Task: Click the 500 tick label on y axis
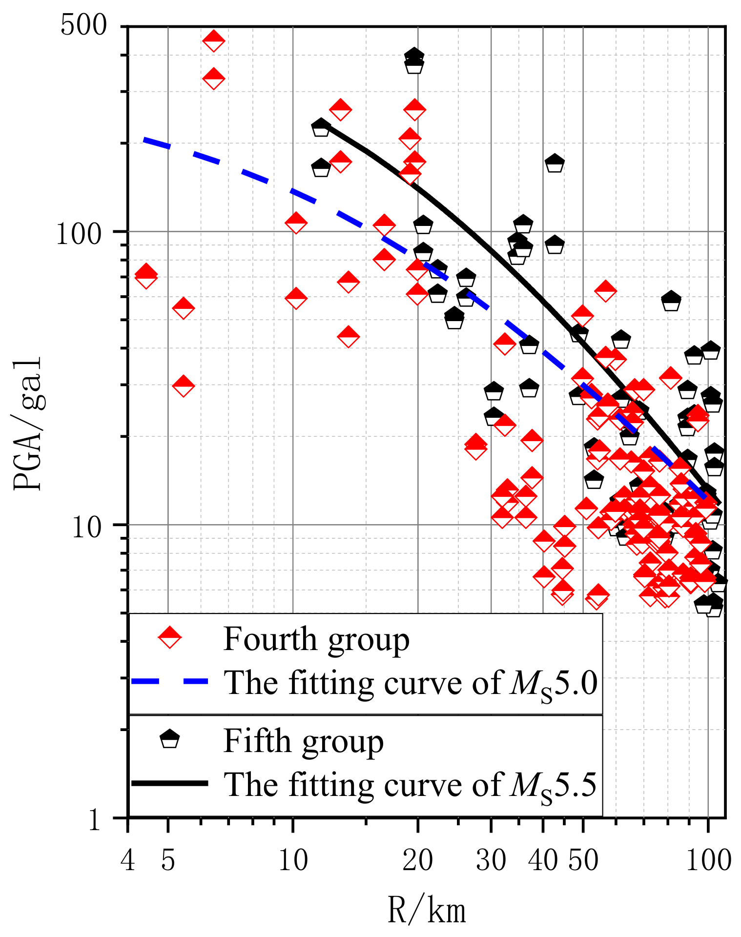point(83,25)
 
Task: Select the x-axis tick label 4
point(128,860)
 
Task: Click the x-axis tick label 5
point(168,860)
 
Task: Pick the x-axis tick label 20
point(417,860)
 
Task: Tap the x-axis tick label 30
point(491,860)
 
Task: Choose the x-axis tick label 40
point(543,860)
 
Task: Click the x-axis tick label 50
point(583,860)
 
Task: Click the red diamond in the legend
point(169,637)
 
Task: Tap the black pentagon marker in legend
point(169,739)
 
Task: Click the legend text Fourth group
point(316,639)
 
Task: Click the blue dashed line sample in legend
point(169,681)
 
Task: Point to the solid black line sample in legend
point(169,783)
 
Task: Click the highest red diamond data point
point(213,41)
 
